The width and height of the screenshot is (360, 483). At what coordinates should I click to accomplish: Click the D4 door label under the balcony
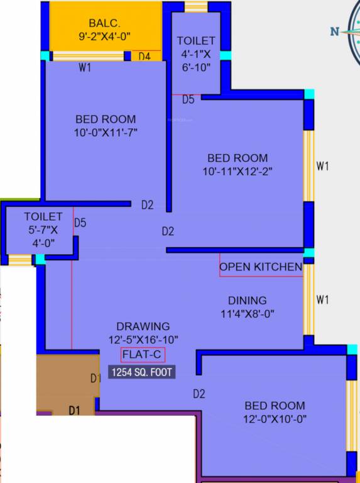[145, 57]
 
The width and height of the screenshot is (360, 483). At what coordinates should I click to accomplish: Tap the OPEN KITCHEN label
[261, 267]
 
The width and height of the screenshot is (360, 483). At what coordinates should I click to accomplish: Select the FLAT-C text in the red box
[143, 355]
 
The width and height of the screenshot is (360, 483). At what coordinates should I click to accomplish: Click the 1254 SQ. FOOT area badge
[141, 372]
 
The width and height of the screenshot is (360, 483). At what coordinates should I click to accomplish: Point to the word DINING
[247, 301]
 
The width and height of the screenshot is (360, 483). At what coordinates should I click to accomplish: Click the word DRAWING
[143, 326]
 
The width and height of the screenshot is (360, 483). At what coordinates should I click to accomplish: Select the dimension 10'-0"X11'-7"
[106, 132]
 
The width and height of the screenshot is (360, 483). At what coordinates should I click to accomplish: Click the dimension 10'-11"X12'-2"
[237, 171]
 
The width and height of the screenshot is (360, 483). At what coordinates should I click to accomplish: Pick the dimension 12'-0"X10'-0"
[275, 419]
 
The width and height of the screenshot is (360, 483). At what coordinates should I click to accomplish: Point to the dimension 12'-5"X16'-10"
[143, 340]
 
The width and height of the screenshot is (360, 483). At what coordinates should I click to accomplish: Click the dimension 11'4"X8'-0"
[247, 313]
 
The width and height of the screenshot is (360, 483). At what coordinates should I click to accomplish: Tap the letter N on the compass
[335, 31]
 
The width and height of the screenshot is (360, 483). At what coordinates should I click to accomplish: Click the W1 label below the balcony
[85, 68]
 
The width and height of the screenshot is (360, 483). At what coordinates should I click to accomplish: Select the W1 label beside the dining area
[323, 300]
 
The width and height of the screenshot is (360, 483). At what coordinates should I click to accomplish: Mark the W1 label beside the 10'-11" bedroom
[323, 167]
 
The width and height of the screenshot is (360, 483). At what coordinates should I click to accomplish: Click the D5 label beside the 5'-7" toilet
[80, 223]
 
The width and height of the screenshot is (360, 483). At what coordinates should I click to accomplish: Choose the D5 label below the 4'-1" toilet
[188, 99]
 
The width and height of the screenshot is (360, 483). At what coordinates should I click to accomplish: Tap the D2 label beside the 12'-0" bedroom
[199, 394]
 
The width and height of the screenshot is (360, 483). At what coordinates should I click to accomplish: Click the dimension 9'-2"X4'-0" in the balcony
[106, 36]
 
